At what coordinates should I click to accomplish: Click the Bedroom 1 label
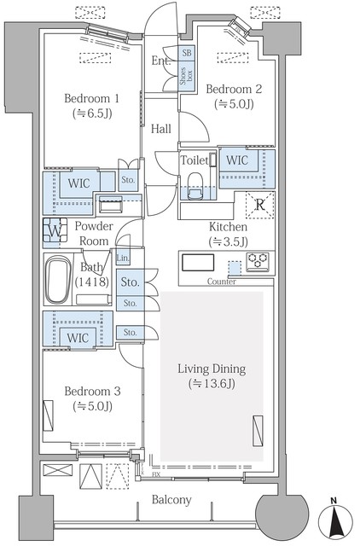pos(92,98)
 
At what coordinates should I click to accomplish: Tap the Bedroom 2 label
pos(234,89)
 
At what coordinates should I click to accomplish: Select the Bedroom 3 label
pos(93,391)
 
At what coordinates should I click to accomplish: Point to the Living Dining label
pos(212,369)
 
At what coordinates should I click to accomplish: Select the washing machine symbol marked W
pos(55,230)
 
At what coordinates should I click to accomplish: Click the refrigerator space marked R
pos(259,205)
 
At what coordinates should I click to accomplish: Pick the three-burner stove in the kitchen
pos(258,262)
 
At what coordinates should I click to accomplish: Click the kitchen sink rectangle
pos(198,262)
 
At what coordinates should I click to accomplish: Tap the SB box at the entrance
pos(187,53)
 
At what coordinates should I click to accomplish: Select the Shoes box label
pos(186,76)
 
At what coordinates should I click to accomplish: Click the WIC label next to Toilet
pos(237,160)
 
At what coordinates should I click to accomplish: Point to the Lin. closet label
pos(123,258)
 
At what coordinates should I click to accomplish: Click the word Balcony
pos(171,500)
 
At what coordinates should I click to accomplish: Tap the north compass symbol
pos(335,521)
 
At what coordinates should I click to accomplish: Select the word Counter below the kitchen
pos(222,281)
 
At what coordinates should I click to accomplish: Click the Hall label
pos(161,129)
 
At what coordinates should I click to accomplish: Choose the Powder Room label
pos(94,233)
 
